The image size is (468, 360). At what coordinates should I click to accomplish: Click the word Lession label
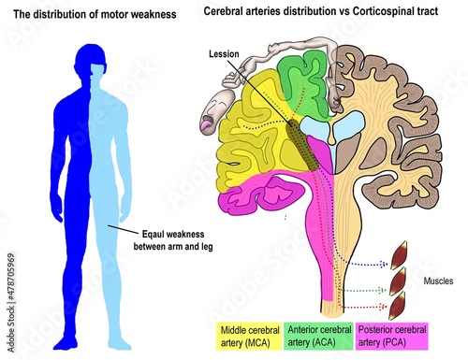pos(224,54)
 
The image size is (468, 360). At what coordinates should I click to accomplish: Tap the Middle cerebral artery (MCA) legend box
pos(250,337)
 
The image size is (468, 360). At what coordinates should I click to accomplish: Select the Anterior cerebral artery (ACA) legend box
pos(318,337)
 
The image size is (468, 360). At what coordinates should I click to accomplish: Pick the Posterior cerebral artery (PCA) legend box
pos(391,337)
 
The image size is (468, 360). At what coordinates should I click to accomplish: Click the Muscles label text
pos(438,281)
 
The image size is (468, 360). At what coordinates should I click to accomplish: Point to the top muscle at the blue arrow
pos(399,255)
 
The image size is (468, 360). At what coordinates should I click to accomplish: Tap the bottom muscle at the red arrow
pos(397,306)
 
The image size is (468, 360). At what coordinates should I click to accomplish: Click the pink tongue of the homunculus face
pos(206,125)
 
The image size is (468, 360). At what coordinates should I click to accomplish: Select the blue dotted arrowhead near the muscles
pos(383,265)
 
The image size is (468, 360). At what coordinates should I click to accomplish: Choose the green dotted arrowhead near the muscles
pos(382,291)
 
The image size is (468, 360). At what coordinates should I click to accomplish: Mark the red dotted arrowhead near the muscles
pos(382,307)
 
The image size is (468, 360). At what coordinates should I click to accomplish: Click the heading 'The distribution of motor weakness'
pos(95,14)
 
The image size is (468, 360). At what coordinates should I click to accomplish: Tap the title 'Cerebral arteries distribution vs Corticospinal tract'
pos(321,11)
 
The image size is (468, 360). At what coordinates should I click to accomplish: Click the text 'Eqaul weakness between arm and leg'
pos(173,240)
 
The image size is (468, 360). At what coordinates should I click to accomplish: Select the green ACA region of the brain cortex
pos(301,82)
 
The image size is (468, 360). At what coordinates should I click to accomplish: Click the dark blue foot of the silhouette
pos(66,342)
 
